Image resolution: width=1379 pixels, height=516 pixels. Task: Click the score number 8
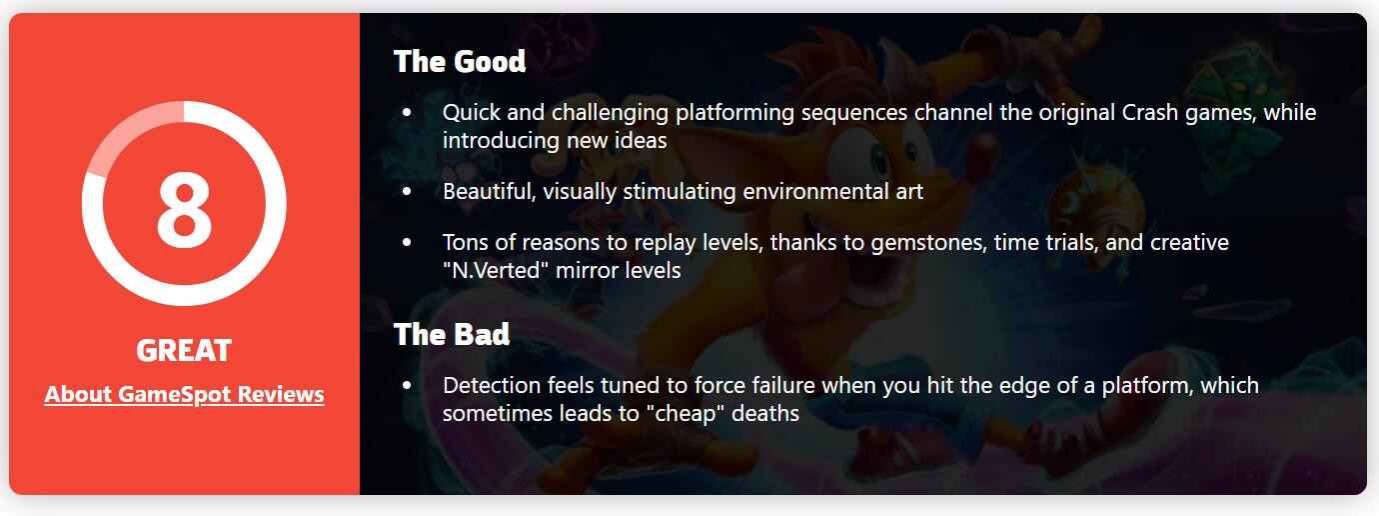click(x=184, y=209)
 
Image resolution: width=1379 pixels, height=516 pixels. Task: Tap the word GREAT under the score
click(x=184, y=351)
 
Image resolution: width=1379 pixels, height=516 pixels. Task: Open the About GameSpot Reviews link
click(x=184, y=395)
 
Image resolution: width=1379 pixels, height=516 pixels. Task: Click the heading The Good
click(x=460, y=62)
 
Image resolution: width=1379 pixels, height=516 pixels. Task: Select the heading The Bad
click(x=452, y=334)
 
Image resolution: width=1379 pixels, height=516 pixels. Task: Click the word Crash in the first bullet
click(x=1149, y=113)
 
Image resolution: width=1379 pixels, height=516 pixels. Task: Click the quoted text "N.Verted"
click(x=496, y=270)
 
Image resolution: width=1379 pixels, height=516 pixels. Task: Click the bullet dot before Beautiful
click(x=407, y=191)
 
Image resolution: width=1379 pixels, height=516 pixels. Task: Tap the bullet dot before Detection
click(x=407, y=385)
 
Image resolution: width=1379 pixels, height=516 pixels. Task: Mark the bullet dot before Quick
click(x=407, y=113)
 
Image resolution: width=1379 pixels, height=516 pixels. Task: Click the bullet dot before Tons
click(x=407, y=243)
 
